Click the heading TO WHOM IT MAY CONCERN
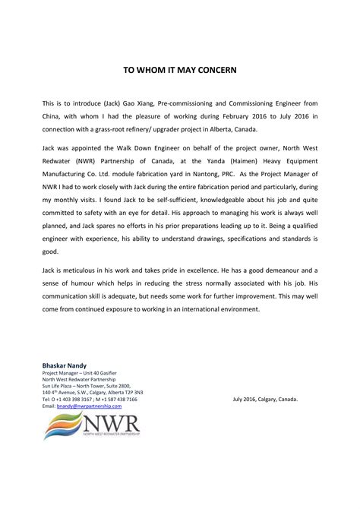click(180, 69)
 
